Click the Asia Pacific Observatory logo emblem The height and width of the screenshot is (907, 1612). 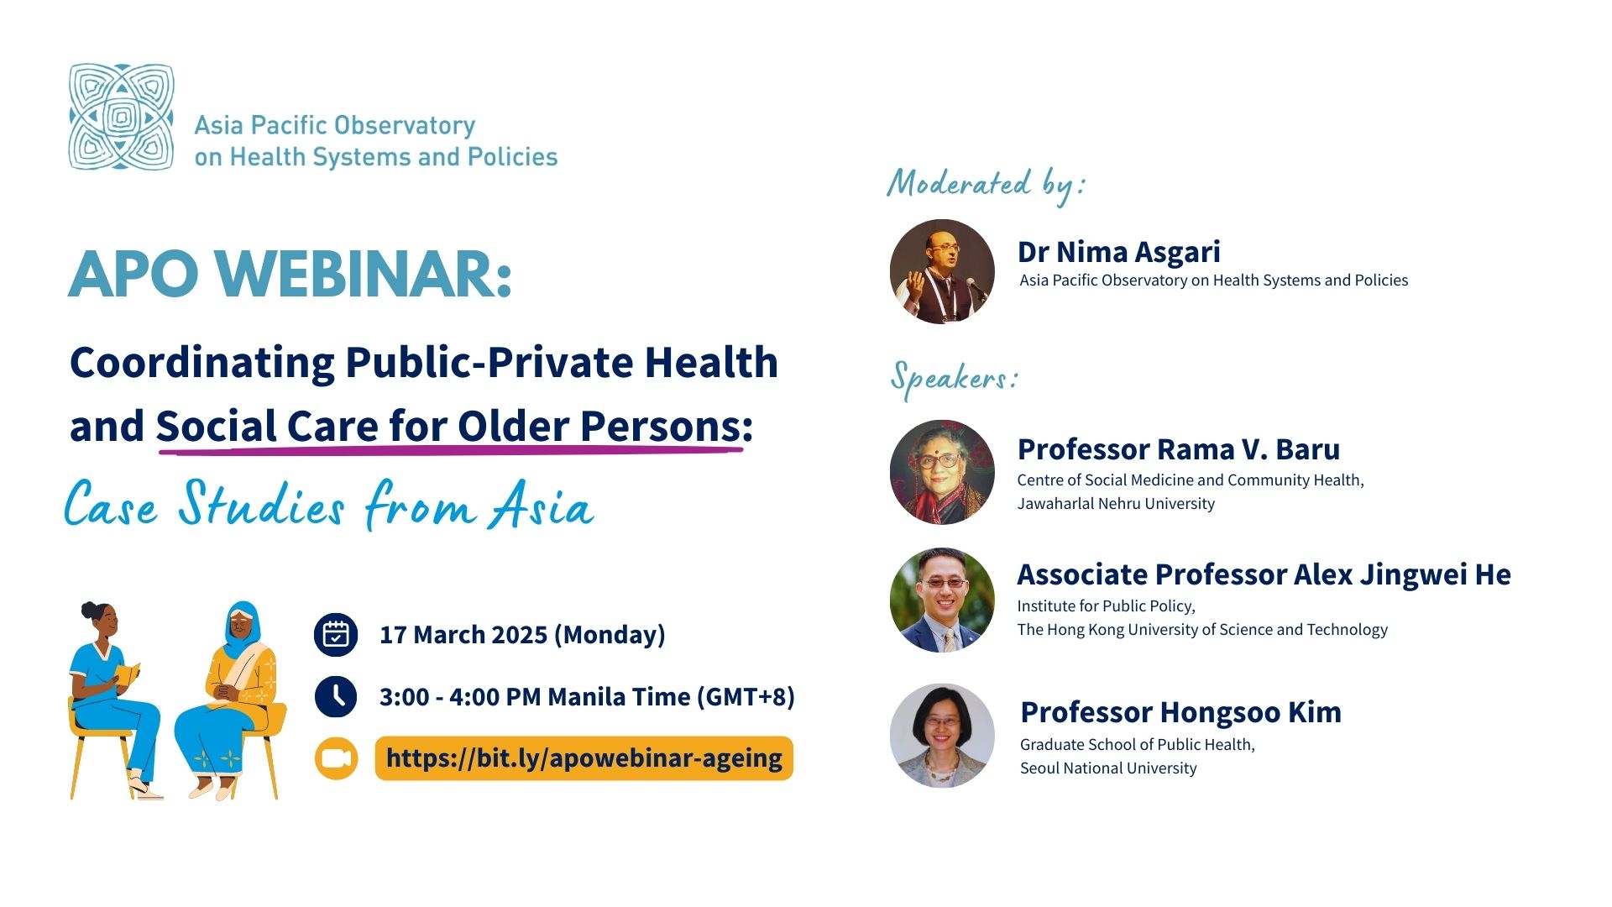click(122, 117)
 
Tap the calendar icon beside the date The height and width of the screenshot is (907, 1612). click(336, 634)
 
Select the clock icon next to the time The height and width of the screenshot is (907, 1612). click(336, 696)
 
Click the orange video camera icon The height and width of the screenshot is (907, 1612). click(336, 758)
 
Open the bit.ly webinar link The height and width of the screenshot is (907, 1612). click(584, 758)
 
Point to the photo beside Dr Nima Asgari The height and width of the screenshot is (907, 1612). click(942, 272)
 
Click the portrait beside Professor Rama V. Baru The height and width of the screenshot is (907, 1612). click(942, 473)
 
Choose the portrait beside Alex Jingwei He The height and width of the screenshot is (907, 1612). click(942, 600)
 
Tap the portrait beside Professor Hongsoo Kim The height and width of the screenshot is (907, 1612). click(942, 736)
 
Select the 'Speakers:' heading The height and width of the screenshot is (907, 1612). click(955, 379)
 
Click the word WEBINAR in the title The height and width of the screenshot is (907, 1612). click(363, 275)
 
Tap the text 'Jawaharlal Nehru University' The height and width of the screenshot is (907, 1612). click(1116, 504)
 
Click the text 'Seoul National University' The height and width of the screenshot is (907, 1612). click(1108, 768)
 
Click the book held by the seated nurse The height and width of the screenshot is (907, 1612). click(128, 674)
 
